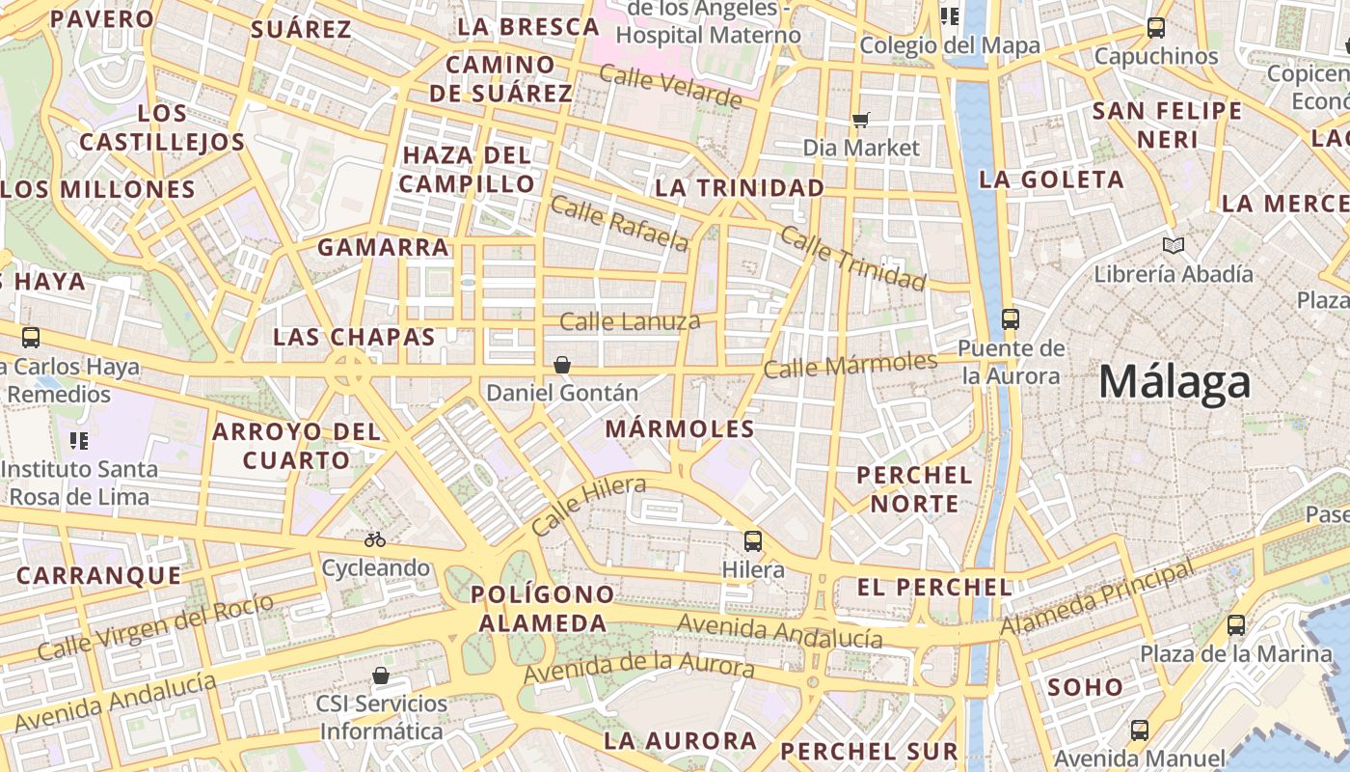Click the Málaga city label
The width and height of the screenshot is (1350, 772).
[1174, 382]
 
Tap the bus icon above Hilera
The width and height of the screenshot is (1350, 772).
[753, 541]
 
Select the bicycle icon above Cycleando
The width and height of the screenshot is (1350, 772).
[375, 539]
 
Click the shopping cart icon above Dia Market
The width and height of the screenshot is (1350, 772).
[861, 120]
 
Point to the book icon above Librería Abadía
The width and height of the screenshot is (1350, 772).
[1174, 245]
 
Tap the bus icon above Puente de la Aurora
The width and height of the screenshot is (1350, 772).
[1011, 318]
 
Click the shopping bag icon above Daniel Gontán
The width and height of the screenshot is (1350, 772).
[562, 365]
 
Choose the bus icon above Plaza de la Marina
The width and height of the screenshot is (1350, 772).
[1236, 625]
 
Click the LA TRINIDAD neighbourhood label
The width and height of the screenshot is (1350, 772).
[740, 188]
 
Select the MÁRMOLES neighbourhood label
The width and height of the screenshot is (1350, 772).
[680, 429]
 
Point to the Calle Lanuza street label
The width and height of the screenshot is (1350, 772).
[630, 321]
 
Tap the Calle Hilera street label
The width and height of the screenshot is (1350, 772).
[587, 507]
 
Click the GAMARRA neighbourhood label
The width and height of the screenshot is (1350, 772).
[384, 248]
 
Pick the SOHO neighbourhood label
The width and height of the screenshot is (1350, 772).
[1085, 688]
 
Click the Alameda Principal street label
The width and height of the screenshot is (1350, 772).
[1097, 599]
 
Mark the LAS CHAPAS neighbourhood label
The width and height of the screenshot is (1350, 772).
[354, 338]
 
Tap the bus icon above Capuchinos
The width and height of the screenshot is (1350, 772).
[1156, 28]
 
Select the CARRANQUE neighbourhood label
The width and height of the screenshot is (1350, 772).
[98, 576]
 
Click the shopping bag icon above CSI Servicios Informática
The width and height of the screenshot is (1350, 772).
[381, 675]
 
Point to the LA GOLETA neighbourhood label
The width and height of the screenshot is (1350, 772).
[1051, 179]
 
